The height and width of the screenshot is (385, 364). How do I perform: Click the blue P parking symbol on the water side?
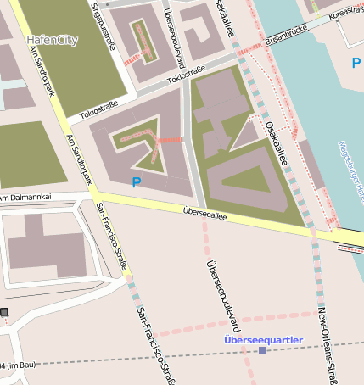pyautogui.click(x=356, y=63)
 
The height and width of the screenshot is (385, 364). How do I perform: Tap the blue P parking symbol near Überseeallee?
pyautogui.click(x=136, y=181)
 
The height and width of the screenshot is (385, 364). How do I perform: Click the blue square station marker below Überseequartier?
pyautogui.click(x=262, y=350)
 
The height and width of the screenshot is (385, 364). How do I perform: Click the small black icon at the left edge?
pyautogui.click(x=3, y=312)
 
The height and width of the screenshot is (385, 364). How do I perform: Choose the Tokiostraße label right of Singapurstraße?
pyautogui.click(x=188, y=78)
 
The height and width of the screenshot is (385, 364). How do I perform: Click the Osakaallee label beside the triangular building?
pyautogui.click(x=277, y=141)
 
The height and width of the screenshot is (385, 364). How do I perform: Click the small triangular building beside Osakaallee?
pyautogui.click(x=245, y=135)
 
